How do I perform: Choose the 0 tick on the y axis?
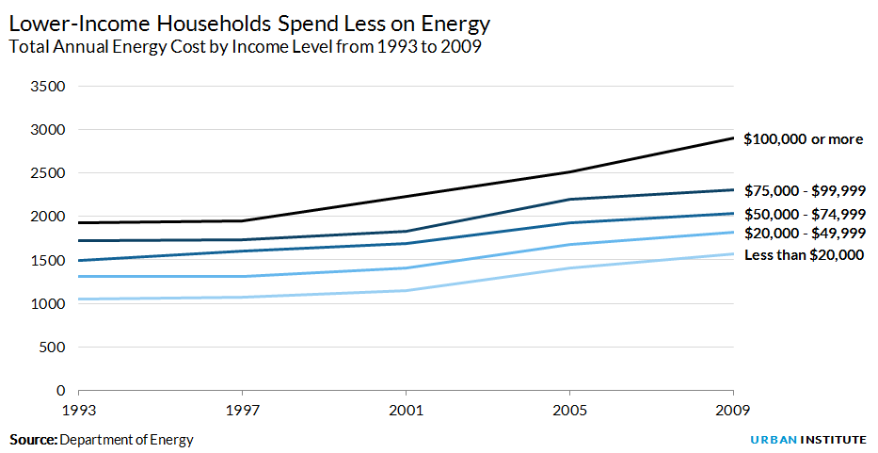pyautogui.click(x=60, y=390)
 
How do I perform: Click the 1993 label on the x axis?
pyautogui.click(x=78, y=410)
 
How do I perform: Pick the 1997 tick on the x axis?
pyautogui.click(x=242, y=410)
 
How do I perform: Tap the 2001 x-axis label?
pyautogui.click(x=406, y=410)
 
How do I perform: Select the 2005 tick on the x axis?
pyautogui.click(x=569, y=410)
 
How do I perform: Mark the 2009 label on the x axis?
pyautogui.click(x=733, y=410)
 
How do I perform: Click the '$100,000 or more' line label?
pyautogui.click(x=803, y=139)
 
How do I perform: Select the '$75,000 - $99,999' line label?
pyautogui.click(x=805, y=190)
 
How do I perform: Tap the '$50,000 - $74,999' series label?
pyautogui.click(x=805, y=214)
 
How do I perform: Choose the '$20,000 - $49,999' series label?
pyautogui.click(x=805, y=234)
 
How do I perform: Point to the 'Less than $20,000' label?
pyautogui.click(x=805, y=255)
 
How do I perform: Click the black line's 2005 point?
pyautogui.click(x=569, y=172)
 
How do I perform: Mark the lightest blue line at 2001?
pyautogui.click(x=406, y=290)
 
